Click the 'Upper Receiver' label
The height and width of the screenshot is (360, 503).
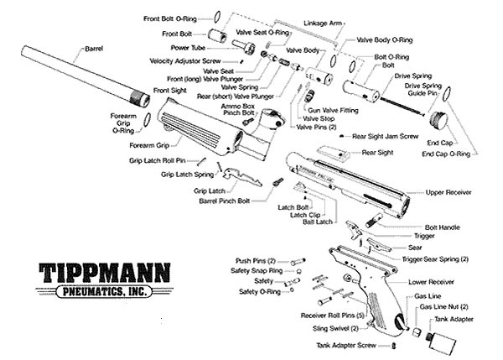point(449,191)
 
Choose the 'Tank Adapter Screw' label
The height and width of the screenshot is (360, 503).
point(350,345)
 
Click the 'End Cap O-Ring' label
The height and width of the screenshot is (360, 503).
point(448,154)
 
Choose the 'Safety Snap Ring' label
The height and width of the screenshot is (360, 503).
point(257,271)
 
